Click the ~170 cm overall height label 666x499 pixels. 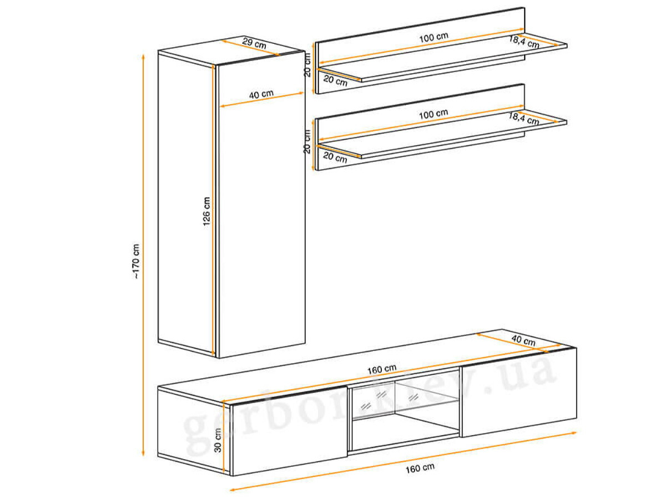point(136,261)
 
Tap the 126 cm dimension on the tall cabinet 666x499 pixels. point(206,211)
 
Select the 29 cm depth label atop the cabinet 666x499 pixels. point(254,43)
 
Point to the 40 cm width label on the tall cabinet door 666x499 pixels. point(261,94)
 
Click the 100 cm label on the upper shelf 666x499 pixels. point(433,38)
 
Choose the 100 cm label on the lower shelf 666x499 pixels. point(433,114)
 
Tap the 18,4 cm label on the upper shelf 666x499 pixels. point(524,42)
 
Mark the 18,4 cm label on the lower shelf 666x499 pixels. point(524,119)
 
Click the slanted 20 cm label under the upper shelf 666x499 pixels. point(335,80)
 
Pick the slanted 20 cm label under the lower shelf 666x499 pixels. point(335,157)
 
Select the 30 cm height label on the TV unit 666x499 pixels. point(218,440)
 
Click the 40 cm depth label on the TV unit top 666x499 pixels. point(523,340)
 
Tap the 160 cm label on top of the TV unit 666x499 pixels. point(382,369)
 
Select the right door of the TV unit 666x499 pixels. point(518,393)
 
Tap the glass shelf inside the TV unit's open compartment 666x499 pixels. point(405,410)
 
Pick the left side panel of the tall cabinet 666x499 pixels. point(186,204)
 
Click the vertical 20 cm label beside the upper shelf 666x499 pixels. point(307,65)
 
